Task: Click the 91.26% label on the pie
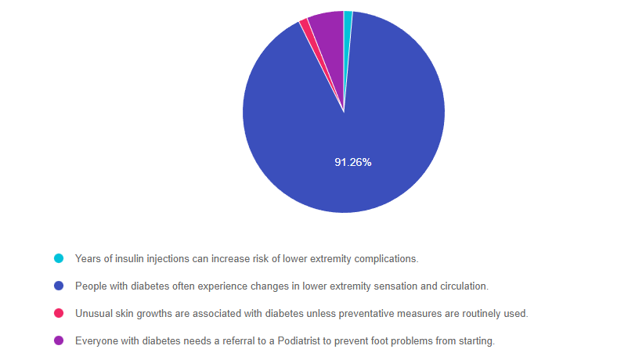coord(352,163)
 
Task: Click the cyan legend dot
coord(59,258)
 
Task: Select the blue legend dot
coord(59,286)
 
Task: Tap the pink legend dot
coord(59,313)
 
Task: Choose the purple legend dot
coord(59,340)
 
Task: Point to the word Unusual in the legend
coord(92,313)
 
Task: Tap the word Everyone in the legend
coord(96,341)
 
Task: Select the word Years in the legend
coord(88,258)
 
